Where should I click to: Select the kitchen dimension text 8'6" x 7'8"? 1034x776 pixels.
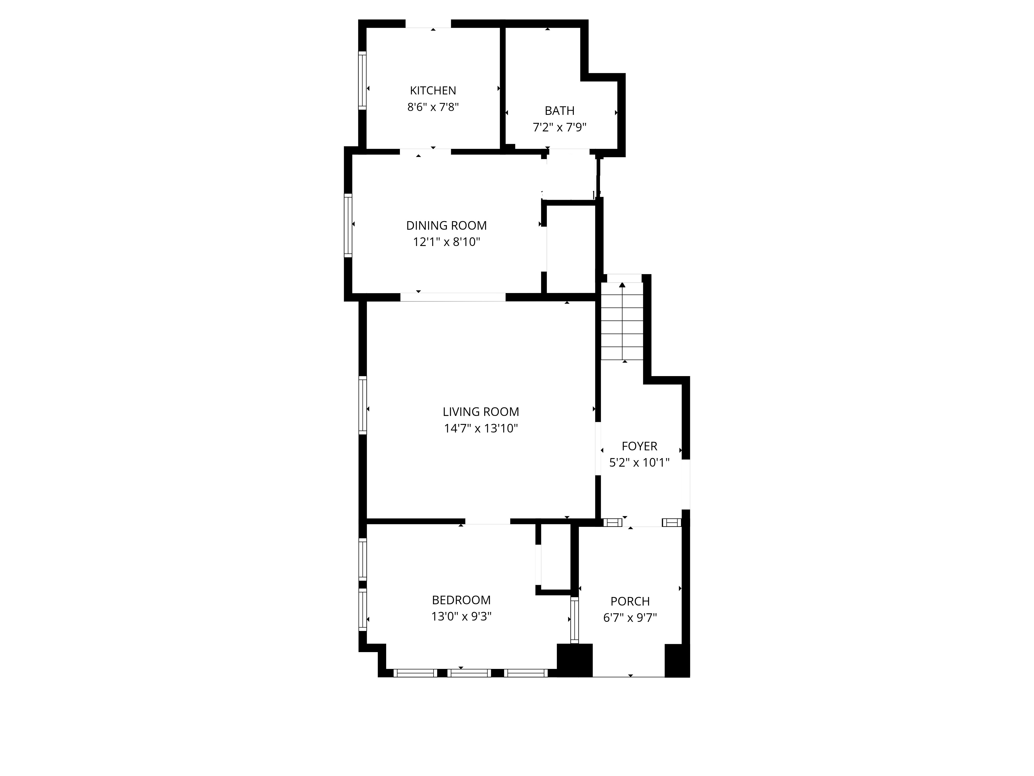[x=433, y=107]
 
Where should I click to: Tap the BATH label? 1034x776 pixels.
[x=560, y=111]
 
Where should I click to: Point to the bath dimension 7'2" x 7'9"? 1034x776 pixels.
[x=560, y=127]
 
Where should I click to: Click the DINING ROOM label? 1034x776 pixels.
[x=446, y=226]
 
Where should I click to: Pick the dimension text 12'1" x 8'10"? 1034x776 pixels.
[x=446, y=242]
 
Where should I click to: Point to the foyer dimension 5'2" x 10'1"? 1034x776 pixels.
[x=640, y=462]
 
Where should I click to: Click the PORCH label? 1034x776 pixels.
[x=630, y=601]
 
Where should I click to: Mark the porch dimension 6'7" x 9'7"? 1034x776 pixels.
[x=630, y=618]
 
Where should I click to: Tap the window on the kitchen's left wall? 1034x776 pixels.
[x=362, y=80]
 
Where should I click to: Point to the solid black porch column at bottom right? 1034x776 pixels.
[x=677, y=660]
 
